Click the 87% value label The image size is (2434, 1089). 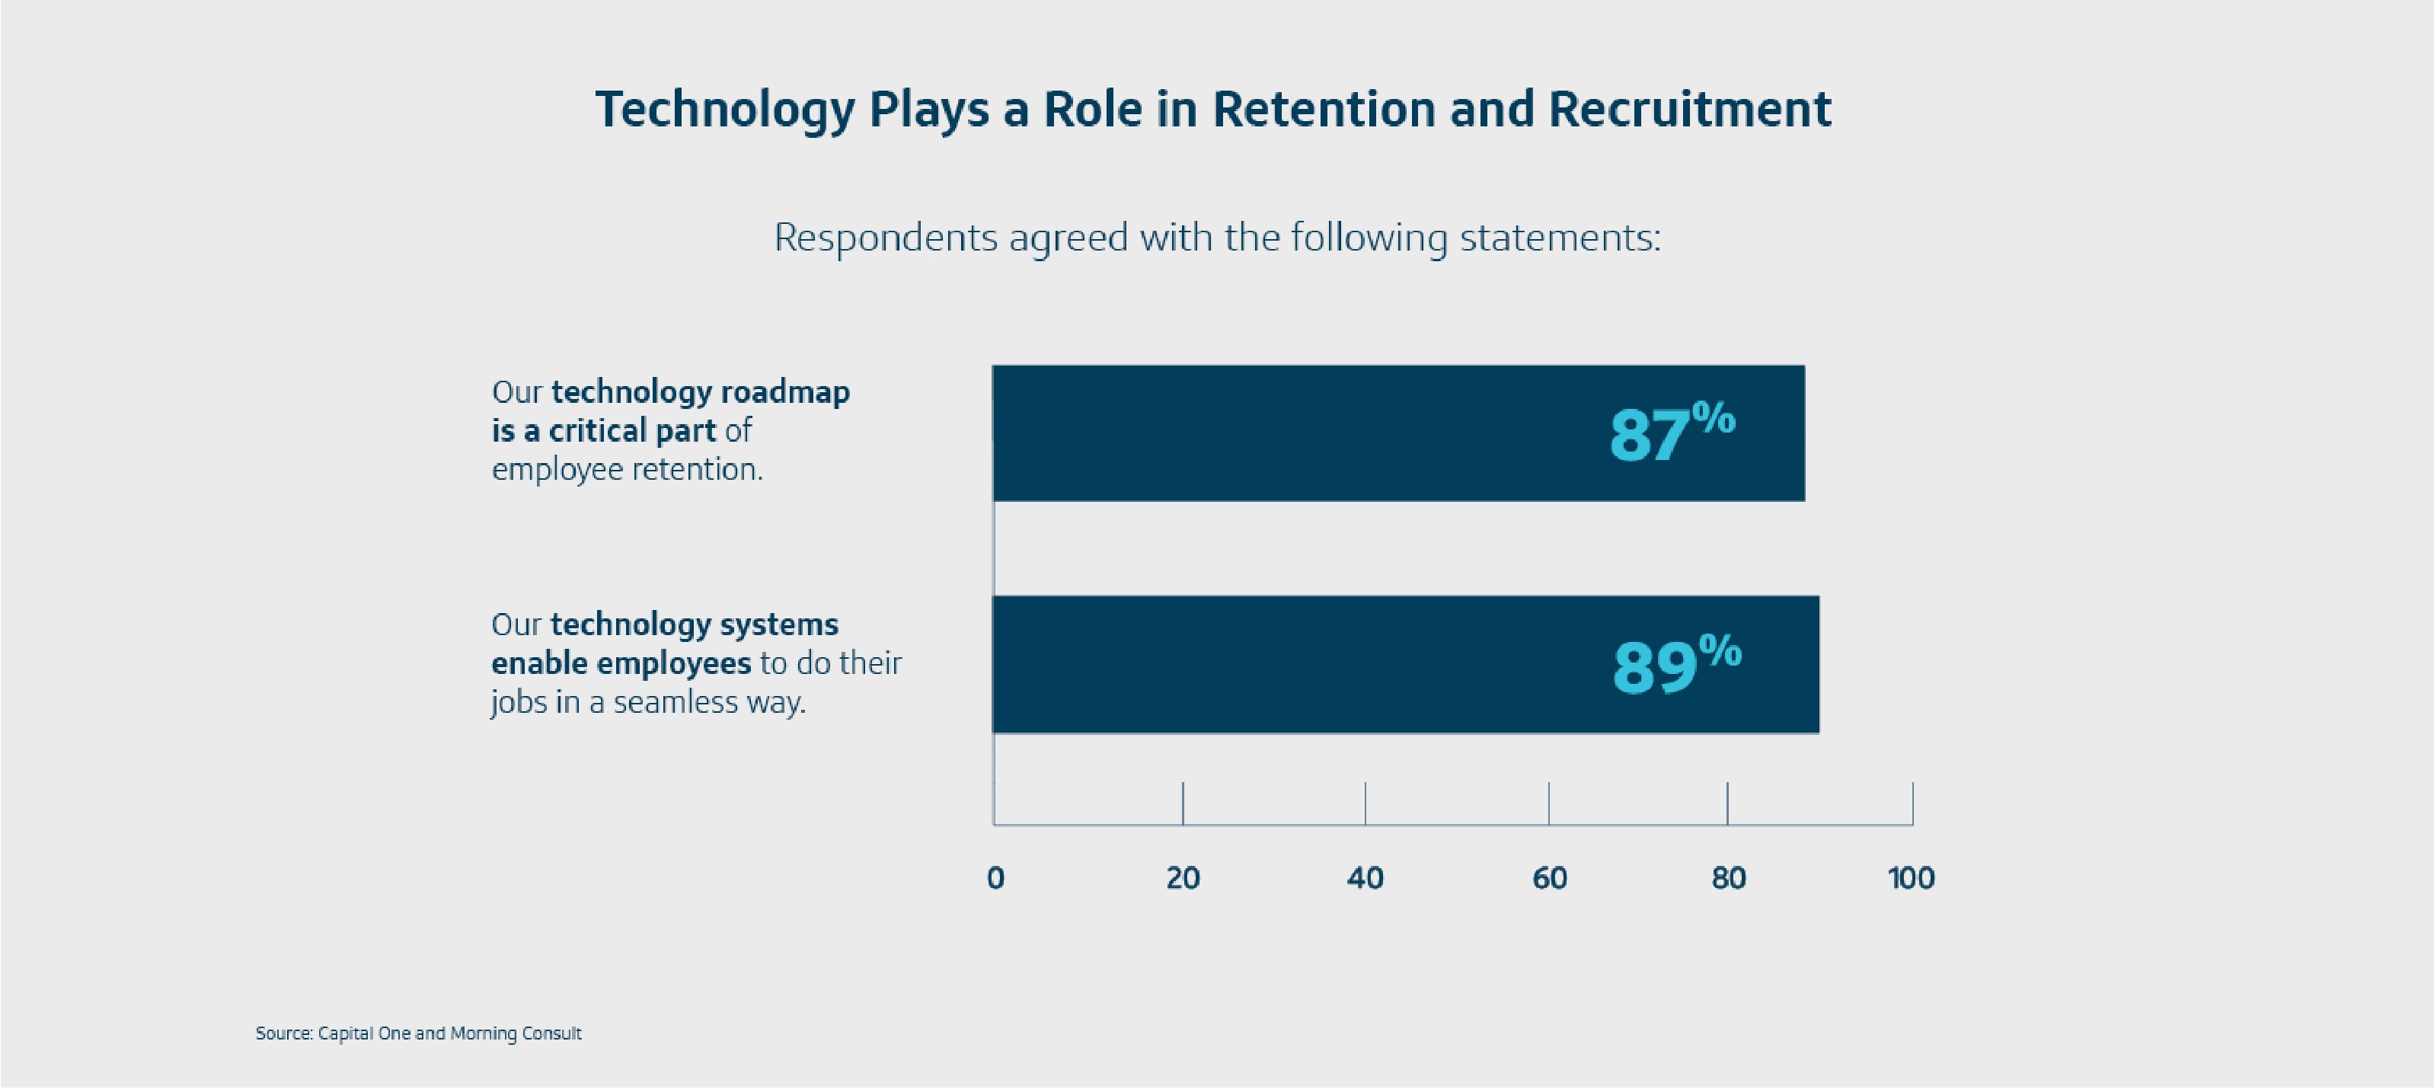coord(1671,433)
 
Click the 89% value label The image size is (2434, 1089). coord(1675,665)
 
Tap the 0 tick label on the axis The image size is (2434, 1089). coord(995,878)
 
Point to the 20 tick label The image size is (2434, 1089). coord(1182,878)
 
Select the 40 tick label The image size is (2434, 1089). coord(1365,878)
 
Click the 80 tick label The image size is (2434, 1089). coord(1728,878)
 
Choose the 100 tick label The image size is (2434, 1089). coord(1911,878)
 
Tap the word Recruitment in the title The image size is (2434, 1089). coord(1689,110)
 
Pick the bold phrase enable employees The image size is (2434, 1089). coord(621,663)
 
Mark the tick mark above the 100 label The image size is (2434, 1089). coord(1912,803)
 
